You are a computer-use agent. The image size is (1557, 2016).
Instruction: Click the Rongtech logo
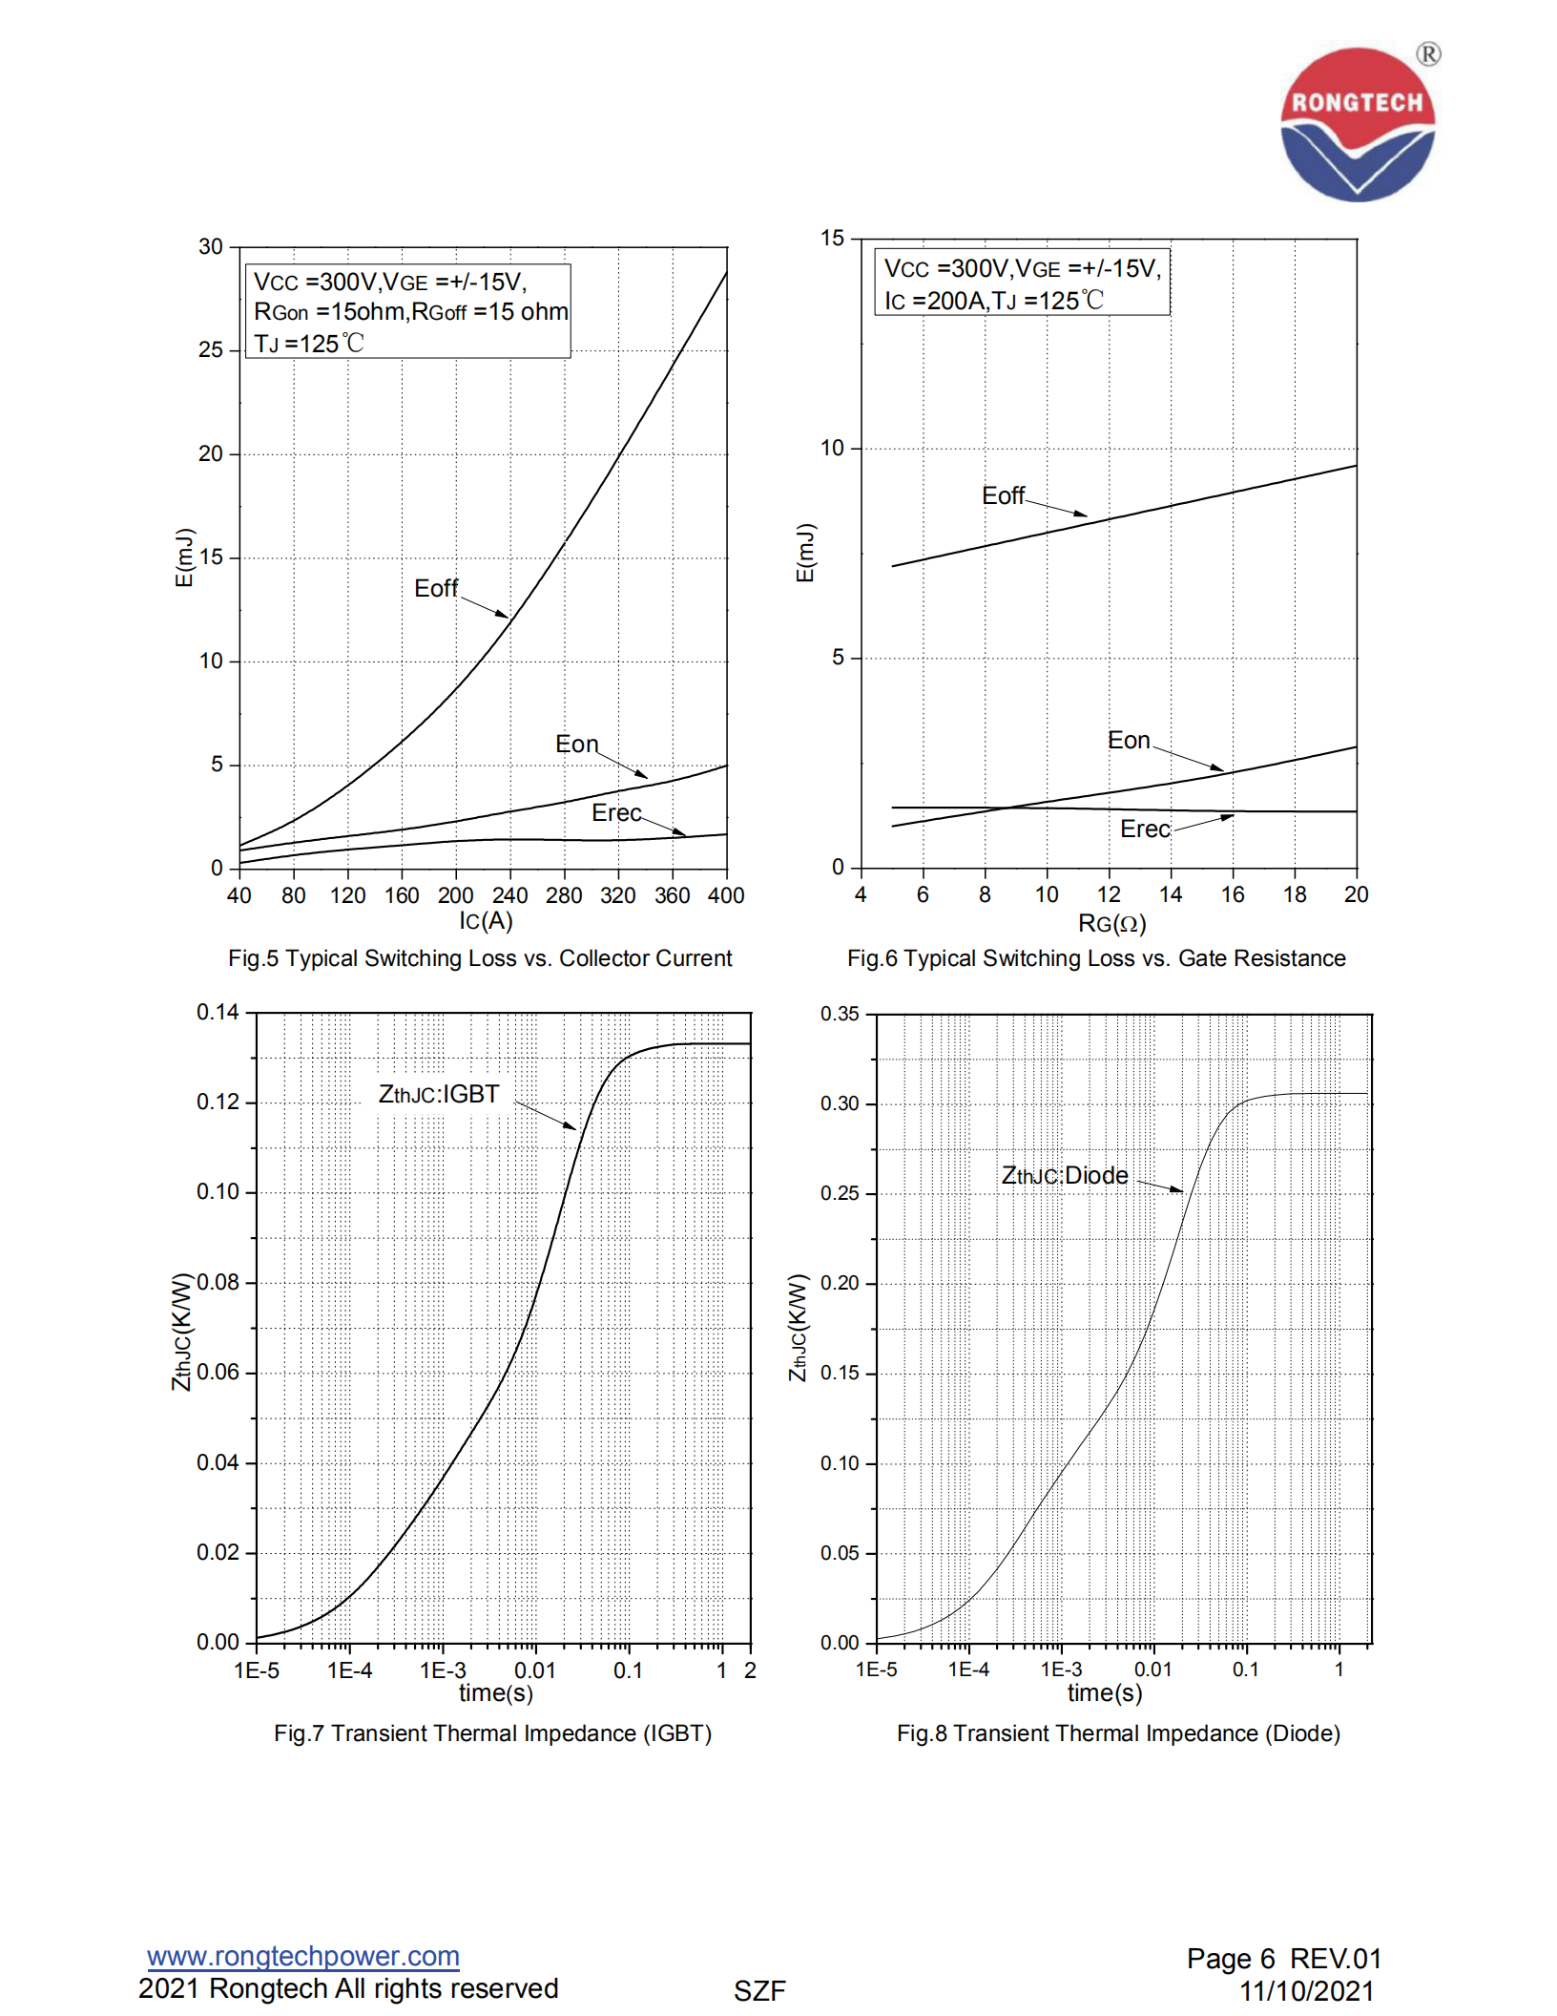tap(1357, 124)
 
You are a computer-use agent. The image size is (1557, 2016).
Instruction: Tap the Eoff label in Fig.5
tap(436, 588)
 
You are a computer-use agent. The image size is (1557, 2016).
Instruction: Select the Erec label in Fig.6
tap(1144, 829)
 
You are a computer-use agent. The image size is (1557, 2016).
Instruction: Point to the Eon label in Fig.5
tap(576, 744)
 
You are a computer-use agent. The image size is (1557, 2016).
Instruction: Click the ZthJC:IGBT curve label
tap(439, 1094)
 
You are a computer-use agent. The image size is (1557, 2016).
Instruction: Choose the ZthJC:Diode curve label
tap(1064, 1175)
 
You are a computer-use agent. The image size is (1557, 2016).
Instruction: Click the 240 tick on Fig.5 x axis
tap(509, 895)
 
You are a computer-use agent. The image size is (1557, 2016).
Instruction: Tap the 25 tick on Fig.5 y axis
tap(211, 350)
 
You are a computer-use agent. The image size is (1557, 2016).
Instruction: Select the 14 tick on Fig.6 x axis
tap(1170, 894)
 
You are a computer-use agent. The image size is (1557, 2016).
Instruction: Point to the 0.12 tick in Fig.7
tap(218, 1102)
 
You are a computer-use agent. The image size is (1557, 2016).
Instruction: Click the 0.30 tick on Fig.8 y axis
tap(840, 1103)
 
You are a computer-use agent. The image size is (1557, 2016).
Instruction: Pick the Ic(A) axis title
tap(486, 920)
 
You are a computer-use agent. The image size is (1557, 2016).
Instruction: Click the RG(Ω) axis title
tap(1111, 923)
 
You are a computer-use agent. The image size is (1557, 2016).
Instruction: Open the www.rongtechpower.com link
tap(303, 1956)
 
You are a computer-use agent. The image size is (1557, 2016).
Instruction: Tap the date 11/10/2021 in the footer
tap(1306, 1991)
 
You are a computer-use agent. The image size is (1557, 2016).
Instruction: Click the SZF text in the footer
tap(759, 1991)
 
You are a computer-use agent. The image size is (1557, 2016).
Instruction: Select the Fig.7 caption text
tap(492, 1732)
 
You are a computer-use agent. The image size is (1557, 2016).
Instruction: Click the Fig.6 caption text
tap(1096, 957)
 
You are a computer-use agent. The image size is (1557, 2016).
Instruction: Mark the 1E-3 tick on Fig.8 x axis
tap(1061, 1669)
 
